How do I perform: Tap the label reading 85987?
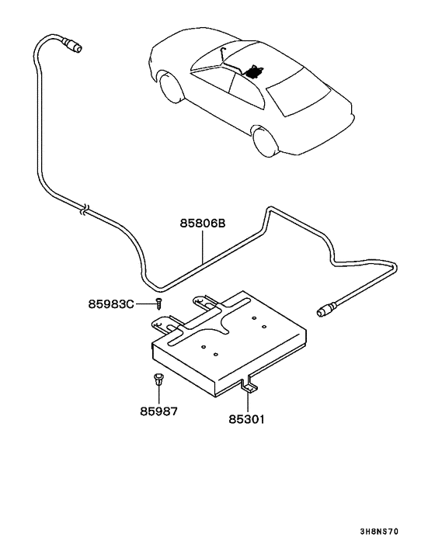coord(158,411)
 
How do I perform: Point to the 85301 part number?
coord(248,419)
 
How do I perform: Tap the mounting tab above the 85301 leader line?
coord(248,382)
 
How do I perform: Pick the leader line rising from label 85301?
coord(248,400)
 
